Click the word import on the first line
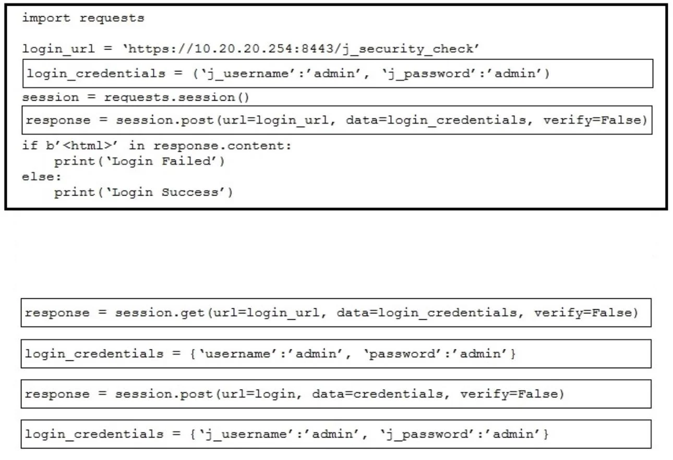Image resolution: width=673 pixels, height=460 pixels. (x=46, y=18)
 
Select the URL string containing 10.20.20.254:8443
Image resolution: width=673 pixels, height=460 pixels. (x=301, y=49)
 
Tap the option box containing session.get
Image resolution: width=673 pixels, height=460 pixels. (x=336, y=312)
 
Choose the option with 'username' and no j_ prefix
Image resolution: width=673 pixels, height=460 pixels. (x=336, y=354)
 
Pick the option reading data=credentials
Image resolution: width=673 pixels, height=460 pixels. (x=336, y=394)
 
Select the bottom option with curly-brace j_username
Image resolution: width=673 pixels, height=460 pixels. (x=336, y=434)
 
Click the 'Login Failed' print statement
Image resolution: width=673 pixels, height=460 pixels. (x=139, y=162)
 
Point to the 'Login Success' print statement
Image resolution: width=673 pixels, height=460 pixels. (x=143, y=192)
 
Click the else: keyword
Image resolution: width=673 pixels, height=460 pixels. (x=42, y=177)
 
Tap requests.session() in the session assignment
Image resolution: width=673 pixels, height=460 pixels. (x=177, y=98)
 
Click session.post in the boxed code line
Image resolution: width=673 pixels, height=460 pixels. (x=165, y=120)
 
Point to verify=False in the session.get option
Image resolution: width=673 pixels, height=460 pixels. (x=586, y=313)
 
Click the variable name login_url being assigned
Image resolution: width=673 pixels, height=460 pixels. (x=58, y=49)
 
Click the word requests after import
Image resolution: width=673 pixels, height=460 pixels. (x=112, y=18)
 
